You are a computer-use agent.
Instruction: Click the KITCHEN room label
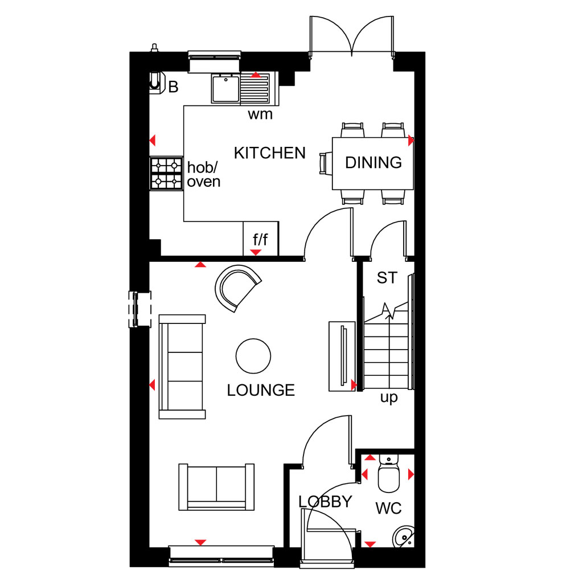pyautogui.click(x=269, y=153)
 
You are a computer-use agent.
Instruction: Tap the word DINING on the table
pyautogui.click(x=373, y=162)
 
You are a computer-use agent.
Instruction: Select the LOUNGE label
pyautogui.click(x=261, y=390)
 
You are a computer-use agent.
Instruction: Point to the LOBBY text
pyautogui.click(x=325, y=502)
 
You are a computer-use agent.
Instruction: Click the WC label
pyautogui.click(x=388, y=508)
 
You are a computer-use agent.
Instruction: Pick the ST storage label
pyautogui.click(x=387, y=278)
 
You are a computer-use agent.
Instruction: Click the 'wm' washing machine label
pyautogui.click(x=260, y=114)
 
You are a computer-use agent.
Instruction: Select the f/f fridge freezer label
pyautogui.click(x=260, y=240)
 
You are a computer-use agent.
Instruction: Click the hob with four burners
pyautogui.click(x=166, y=173)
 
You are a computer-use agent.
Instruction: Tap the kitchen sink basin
pyautogui.click(x=225, y=88)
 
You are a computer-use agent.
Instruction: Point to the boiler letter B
pyautogui.click(x=173, y=87)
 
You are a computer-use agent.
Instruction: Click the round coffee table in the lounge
pyautogui.click(x=253, y=356)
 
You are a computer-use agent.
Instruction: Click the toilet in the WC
pyautogui.click(x=388, y=473)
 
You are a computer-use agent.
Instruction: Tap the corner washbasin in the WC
pyautogui.click(x=404, y=536)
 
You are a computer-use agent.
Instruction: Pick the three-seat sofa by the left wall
pyautogui.click(x=182, y=367)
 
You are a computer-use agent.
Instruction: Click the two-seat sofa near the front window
pyautogui.click(x=216, y=487)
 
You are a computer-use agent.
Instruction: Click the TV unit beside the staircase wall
pyautogui.click(x=342, y=356)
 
